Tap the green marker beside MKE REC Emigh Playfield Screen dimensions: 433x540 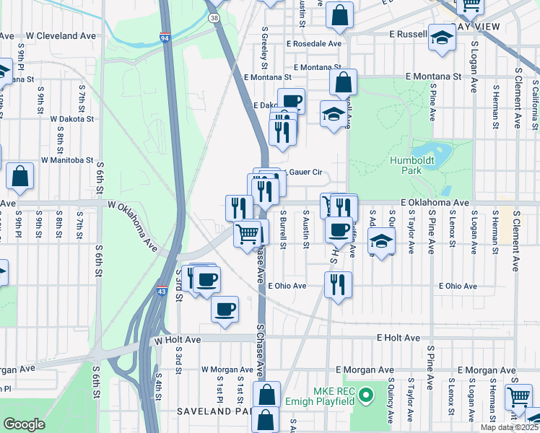tap(366, 395)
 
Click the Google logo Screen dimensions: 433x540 tap(24, 424)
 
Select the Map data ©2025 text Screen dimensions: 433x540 tap(508, 427)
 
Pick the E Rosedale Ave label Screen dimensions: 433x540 tap(313, 43)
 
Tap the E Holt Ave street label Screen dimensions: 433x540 tap(398, 337)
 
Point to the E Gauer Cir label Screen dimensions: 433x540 tap(301, 172)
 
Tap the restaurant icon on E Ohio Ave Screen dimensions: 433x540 tap(338, 285)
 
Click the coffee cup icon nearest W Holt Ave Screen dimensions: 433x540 tap(225, 309)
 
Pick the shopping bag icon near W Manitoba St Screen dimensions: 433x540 tap(20, 177)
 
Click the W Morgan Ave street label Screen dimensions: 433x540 tap(227, 369)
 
